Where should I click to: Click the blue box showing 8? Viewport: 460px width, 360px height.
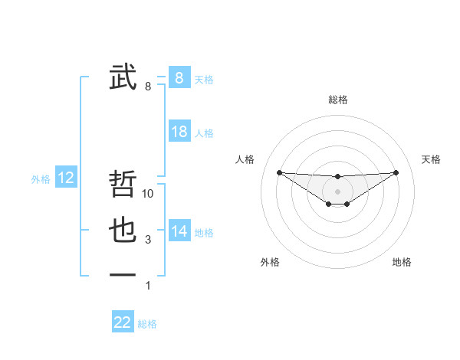(x=179, y=77)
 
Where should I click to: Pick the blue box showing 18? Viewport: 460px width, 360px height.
(x=179, y=132)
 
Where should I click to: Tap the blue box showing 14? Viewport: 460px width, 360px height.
(x=179, y=231)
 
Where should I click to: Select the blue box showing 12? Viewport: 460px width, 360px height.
(x=66, y=178)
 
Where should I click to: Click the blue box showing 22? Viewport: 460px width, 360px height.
(x=123, y=322)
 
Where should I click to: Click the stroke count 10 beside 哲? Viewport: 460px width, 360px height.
(x=149, y=194)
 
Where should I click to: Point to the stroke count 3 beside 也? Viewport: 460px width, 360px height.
(x=148, y=240)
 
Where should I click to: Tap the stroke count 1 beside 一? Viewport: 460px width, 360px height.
(x=148, y=286)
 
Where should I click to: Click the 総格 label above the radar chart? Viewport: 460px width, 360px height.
(x=337, y=100)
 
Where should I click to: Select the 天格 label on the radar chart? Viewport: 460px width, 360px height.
(x=431, y=159)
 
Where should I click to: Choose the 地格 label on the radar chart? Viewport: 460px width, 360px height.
(x=402, y=262)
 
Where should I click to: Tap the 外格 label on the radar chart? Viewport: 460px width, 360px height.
(x=270, y=262)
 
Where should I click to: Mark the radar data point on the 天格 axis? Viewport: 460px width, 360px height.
(x=396, y=172)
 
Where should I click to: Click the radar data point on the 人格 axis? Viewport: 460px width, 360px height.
(x=279, y=172)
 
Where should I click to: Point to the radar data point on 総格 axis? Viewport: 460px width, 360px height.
(x=337, y=176)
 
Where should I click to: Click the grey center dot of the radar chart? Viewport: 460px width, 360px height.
(x=337, y=191)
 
